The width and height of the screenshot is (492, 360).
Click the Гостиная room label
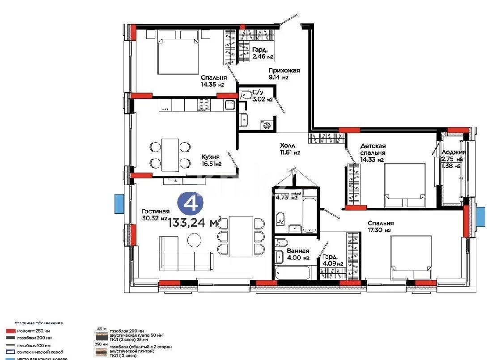click(155, 215)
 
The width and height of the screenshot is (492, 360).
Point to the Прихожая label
click(284, 73)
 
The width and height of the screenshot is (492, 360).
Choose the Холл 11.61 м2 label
click(289, 149)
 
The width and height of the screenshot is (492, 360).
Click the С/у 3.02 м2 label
click(262, 96)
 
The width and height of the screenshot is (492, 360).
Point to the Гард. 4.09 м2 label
click(332, 260)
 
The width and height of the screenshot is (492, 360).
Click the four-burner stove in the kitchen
click(204, 104)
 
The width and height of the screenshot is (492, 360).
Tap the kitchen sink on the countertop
click(229, 105)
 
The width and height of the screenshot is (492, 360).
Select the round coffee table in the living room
click(194, 241)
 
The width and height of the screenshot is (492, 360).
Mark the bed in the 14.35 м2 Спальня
click(178, 56)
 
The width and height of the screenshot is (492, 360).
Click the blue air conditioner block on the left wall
click(118, 203)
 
